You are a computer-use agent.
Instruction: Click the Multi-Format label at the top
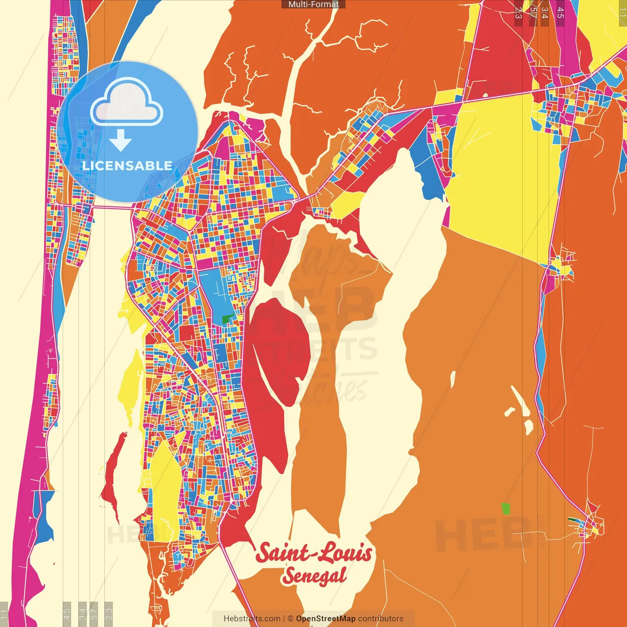point(313,4)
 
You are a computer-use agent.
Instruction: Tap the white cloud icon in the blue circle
point(127,102)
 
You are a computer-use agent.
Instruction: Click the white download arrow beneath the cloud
point(121,140)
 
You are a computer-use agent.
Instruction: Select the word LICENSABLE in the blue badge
point(127,166)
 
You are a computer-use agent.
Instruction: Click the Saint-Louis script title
point(313,553)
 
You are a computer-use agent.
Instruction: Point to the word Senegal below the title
point(314,576)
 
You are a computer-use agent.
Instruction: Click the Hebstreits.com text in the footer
point(252,619)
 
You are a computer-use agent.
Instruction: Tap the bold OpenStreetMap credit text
point(326,619)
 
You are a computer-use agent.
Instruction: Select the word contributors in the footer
point(381,619)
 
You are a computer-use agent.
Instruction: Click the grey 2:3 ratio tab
point(109,614)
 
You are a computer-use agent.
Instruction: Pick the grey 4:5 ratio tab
point(67,614)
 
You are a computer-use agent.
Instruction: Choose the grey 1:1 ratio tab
point(4,614)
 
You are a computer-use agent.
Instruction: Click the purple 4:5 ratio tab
point(560,13)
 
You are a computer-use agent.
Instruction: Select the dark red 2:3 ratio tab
point(518,13)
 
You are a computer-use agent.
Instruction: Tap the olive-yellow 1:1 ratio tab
point(623,13)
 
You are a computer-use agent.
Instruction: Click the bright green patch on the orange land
point(506,508)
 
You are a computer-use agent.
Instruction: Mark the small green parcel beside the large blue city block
point(227,320)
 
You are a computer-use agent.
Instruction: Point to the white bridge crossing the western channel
point(112,208)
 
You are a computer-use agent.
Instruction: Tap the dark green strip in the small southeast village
point(572,519)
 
